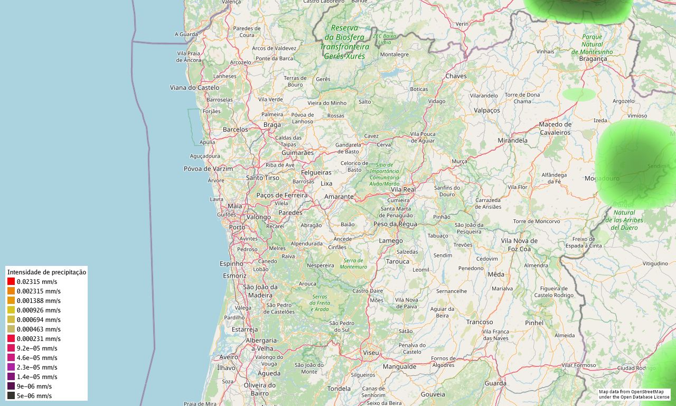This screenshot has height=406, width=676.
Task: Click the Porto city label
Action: pyautogui.click(x=237, y=227)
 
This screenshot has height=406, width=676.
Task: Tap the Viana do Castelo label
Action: pyautogui.click(x=194, y=87)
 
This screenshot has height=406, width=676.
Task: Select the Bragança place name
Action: pyautogui.click(x=593, y=59)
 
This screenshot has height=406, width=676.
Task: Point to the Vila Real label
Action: pyautogui.click(x=403, y=189)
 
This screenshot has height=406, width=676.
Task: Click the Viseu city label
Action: pyautogui.click(x=371, y=352)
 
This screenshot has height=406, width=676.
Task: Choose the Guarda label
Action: pyautogui.click(x=495, y=383)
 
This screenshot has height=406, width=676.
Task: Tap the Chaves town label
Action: pyautogui.click(x=456, y=76)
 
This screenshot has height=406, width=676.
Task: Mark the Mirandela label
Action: pyautogui.click(x=512, y=141)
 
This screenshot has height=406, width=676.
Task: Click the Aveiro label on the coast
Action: pyautogui.click(x=229, y=357)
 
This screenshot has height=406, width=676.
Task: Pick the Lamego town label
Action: pyautogui.click(x=391, y=241)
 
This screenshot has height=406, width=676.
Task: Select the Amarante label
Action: pyautogui.click(x=339, y=197)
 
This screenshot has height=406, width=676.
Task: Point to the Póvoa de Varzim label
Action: pyautogui.click(x=208, y=169)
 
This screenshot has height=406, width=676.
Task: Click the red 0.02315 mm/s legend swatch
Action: pyautogui.click(x=11, y=282)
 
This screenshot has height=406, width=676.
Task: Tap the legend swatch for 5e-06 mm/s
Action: pyautogui.click(x=11, y=396)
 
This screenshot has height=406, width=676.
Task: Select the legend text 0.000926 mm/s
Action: pyautogui.click(x=39, y=310)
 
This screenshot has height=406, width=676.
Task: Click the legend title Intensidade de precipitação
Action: pyautogui.click(x=46, y=272)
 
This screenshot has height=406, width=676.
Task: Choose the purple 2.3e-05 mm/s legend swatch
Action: pyautogui.click(x=11, y=367)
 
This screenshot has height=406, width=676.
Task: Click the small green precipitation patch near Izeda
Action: pyautogui.click(x=579, y=95)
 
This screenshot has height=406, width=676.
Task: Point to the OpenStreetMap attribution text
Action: pyautogui.click(x=634, y=394)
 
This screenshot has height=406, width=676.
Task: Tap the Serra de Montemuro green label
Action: pyautogui.click(x=353, y=264)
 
